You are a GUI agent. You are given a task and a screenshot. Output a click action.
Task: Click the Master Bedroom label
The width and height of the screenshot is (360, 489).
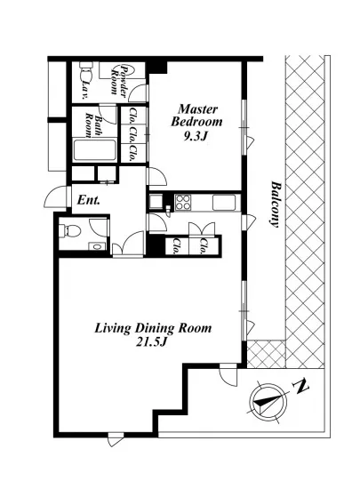pos(196,116)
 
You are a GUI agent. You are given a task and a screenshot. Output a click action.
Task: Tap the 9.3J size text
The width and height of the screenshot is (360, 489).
pos(196,136)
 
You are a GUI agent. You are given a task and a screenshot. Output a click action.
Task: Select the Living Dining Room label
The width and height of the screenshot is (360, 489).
pos(153,329)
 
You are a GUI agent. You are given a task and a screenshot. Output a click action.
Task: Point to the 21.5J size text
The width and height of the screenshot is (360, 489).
pos(152,342)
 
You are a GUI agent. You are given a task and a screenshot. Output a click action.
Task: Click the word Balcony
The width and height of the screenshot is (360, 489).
pos(275,204)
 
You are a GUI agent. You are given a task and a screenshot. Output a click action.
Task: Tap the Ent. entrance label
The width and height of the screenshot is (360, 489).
pos(89,200)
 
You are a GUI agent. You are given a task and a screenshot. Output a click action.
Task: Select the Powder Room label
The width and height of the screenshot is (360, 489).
pos(120,80)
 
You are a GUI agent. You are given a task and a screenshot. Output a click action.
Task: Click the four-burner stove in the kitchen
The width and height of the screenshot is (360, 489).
pos(183,202)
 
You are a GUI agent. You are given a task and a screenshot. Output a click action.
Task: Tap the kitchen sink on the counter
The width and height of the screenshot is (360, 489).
pos(224,203)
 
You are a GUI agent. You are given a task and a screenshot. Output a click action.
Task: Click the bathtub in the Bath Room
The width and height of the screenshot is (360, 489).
pos(95,150)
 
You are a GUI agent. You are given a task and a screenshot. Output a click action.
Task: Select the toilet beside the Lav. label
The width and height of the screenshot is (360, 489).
pos(86,72)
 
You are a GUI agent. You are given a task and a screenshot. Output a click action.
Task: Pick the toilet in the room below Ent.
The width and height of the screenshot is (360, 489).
pos(70,231)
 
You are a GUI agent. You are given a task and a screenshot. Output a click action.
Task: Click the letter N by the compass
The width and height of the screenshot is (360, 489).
pos(300,386)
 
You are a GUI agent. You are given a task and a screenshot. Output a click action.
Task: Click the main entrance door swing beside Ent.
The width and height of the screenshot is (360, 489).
pos(55,197)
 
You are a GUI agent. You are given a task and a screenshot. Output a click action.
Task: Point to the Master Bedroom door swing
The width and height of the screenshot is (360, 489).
pos(157,177)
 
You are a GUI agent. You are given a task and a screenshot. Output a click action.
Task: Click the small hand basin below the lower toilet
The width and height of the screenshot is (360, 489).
pos(97,247)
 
